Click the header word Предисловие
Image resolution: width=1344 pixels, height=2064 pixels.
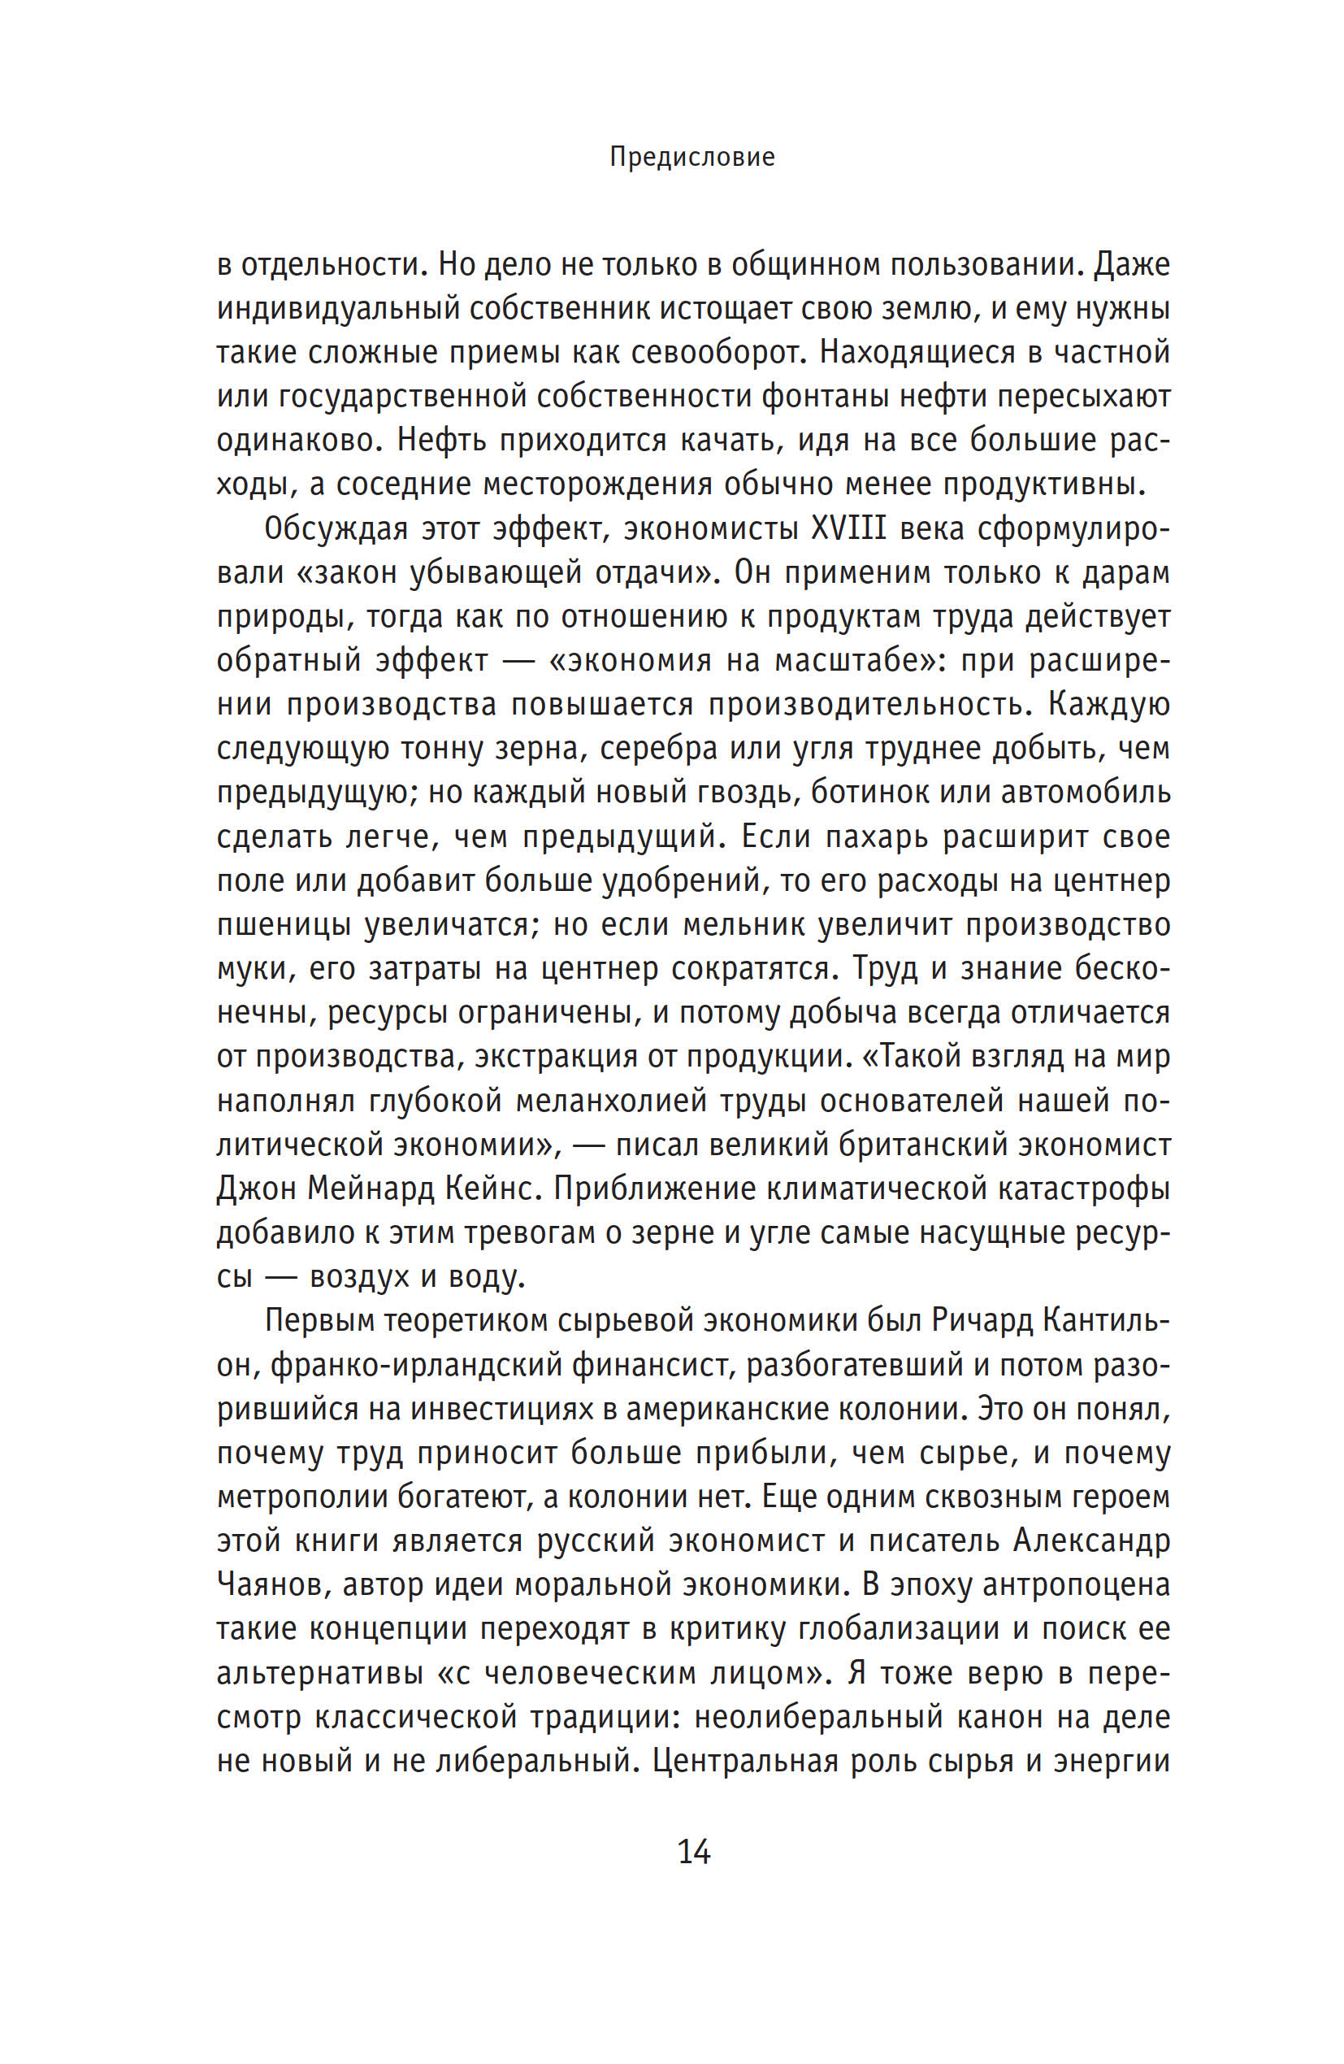pos(692,157)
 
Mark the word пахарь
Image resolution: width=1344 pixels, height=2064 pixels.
pos(876,836)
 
